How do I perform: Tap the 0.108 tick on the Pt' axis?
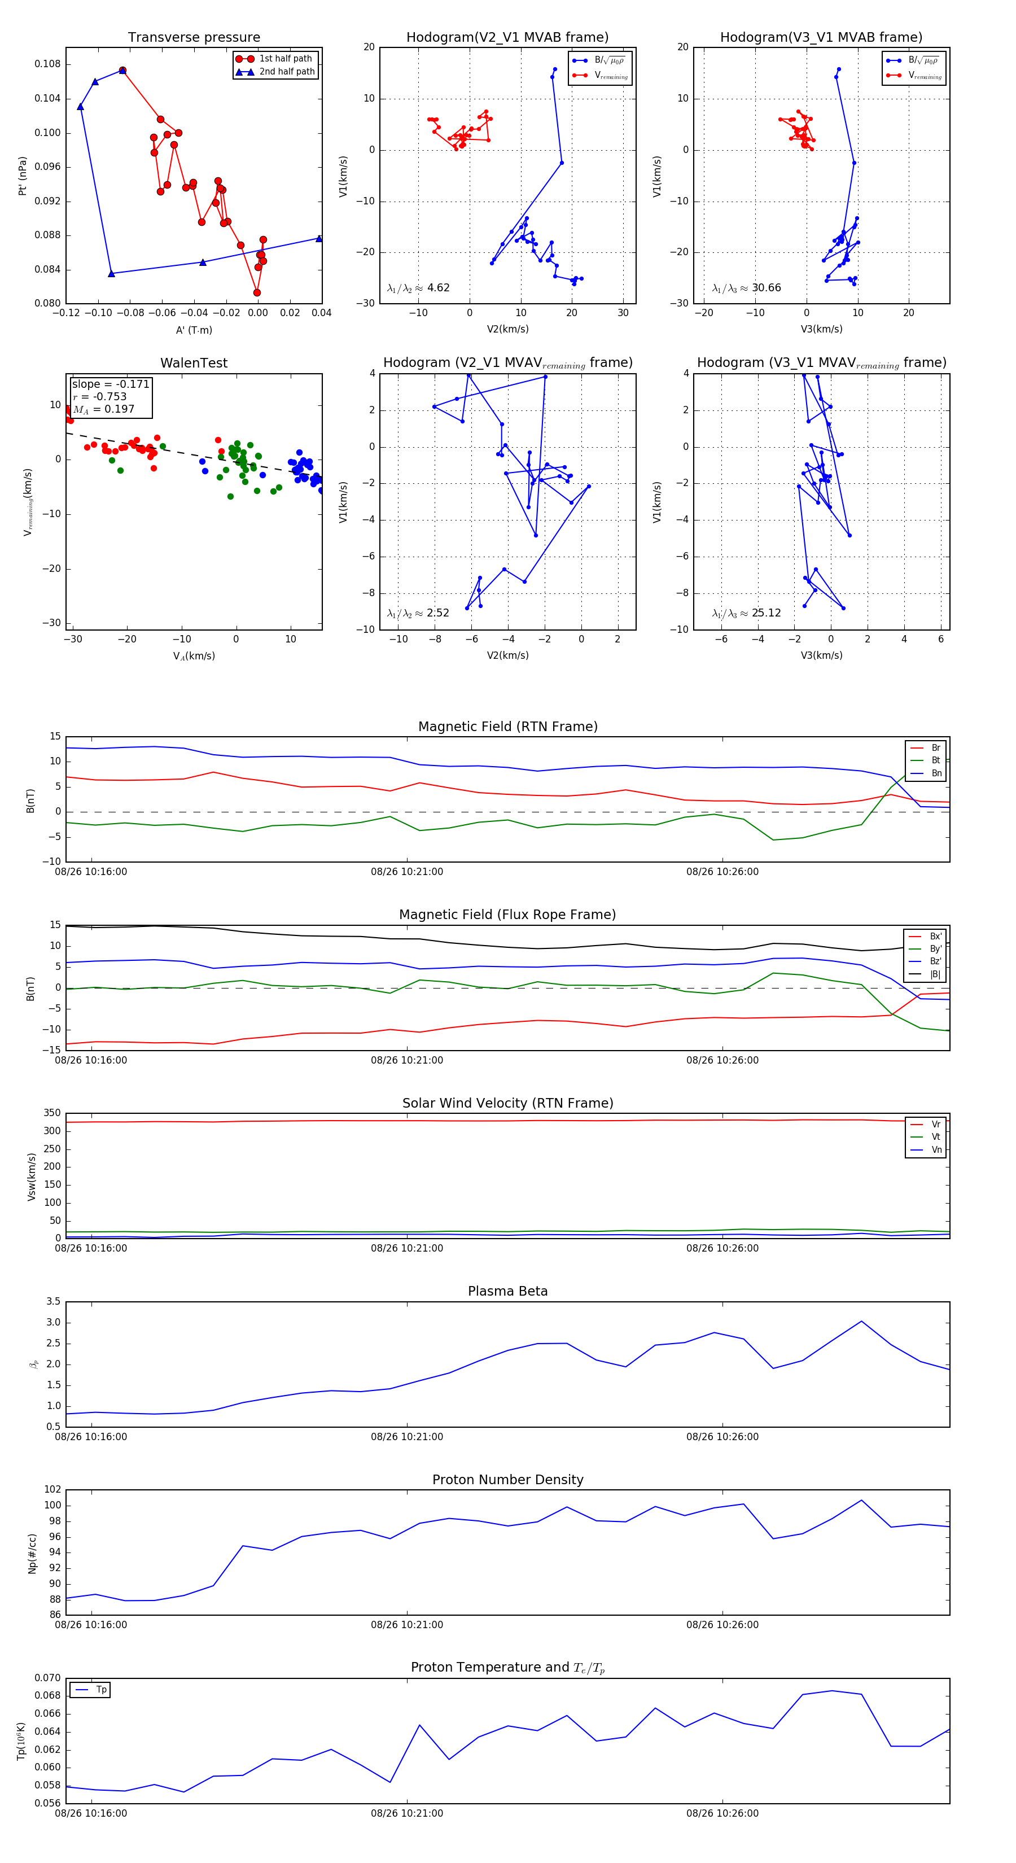(x=48, y=64)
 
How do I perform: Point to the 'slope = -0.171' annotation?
(x=111, y=384)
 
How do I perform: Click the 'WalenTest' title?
(x=194, y=363)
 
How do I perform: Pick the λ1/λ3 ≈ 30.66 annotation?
(x=746, y=288)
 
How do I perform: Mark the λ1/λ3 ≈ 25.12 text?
(x=746, y=613)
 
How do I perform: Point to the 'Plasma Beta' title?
(x=507, y=1292)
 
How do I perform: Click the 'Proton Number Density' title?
(x=507, y=1480)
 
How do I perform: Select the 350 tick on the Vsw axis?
(x=52, y=1113)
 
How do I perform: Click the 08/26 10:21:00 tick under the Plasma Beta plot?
(x=407, y=1437)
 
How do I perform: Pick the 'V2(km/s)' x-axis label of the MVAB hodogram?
(x=507, y=330)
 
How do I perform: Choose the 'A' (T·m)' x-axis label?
(x=194, y=330)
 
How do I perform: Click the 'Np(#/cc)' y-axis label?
(x=32, y=1552)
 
